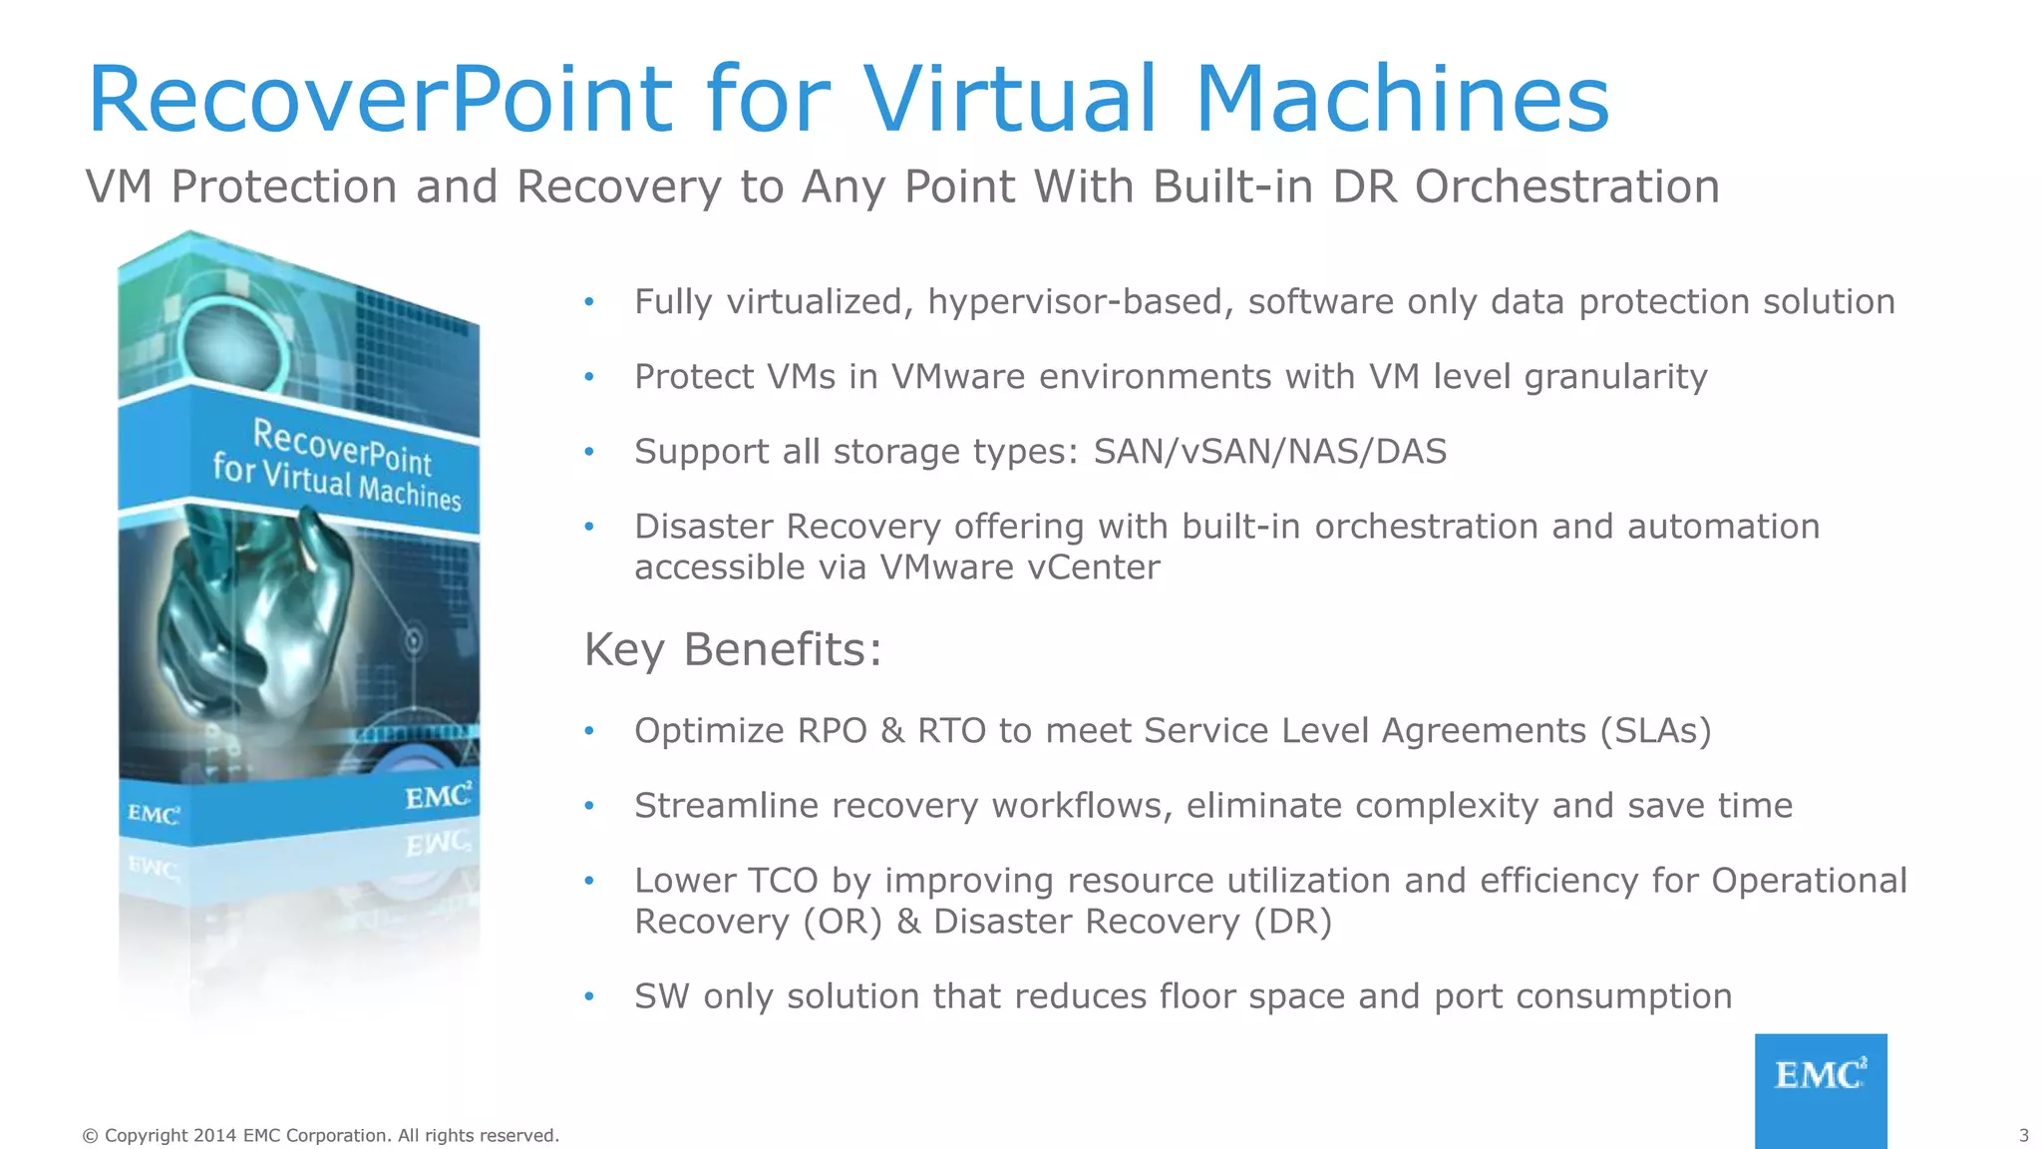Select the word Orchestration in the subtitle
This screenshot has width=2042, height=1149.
pyautogui.click(x=1566, y=188)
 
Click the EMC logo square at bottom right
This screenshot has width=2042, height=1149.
pyautogui.click(x=1821, y=1089)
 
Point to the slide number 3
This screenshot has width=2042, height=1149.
pyautogui.click(x=2023, y=1135)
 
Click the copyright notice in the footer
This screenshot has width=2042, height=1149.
pyautogui.click(x=320, y=1135)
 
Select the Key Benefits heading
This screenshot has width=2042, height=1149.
pyautogui.click(x=733, y=649)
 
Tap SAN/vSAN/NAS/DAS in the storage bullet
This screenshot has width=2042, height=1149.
pyautogui.click(x=1269, y=452)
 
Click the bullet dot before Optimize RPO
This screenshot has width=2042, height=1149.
pyautogui.click(x=589, y=731)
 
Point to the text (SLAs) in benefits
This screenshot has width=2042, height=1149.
pyautogui.click(x=1655, y=731)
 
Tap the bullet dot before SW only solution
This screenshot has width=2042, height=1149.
pyautogui.click(x=589, y=996)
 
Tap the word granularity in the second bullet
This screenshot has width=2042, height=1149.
pyautogui.click(x=1615, y=377)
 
